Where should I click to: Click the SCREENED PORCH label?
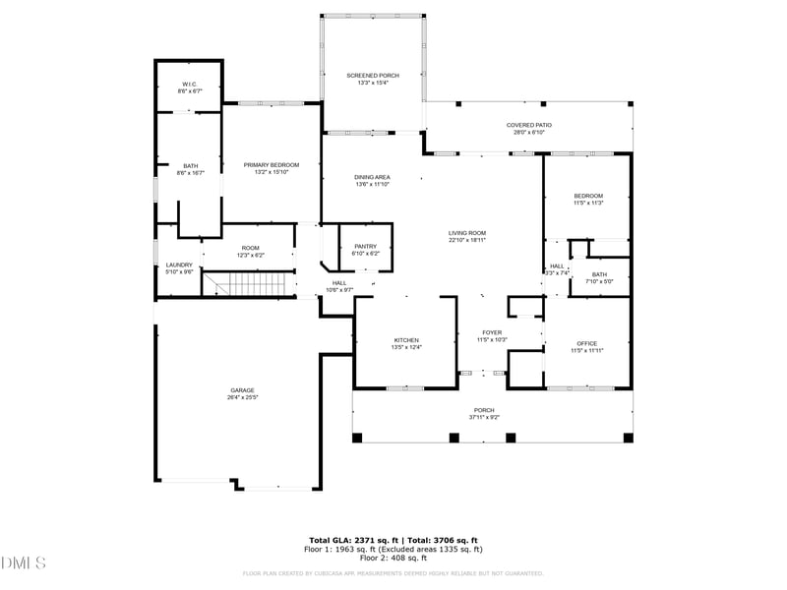[372, 76]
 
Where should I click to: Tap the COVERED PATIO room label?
[528, 125]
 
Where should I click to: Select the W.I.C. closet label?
[189, 85]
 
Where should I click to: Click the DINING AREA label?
[372, 177]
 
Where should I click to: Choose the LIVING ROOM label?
[467, 232]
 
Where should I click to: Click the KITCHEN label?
[406, 340]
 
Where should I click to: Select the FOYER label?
[492, 332]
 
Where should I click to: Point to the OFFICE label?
[587, 343]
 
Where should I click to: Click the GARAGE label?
[242, 390]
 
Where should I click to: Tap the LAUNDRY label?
[179, 265]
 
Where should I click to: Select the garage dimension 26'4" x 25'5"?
[242, 398]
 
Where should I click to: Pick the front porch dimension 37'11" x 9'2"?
[484, 417]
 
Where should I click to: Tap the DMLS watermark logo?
[24, 563]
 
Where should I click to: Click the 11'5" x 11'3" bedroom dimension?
[588, 204]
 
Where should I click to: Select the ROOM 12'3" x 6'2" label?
[249, 252]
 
